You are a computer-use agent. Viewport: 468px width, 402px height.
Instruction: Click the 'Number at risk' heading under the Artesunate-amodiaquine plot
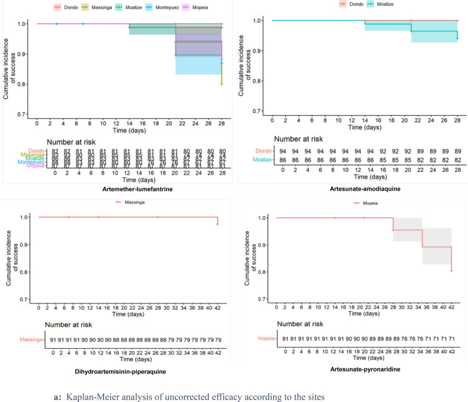[302, 139]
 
